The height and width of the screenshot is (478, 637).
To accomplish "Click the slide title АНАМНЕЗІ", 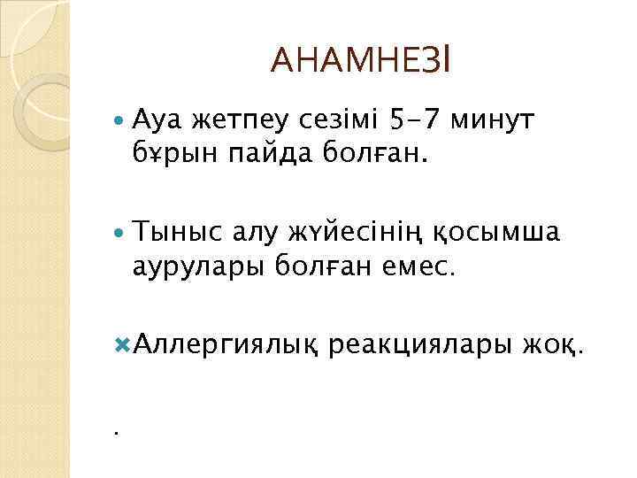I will [362, 61].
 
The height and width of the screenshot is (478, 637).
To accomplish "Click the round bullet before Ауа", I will [121, 119].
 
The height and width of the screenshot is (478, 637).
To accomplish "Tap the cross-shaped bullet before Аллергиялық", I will [122, 341].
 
